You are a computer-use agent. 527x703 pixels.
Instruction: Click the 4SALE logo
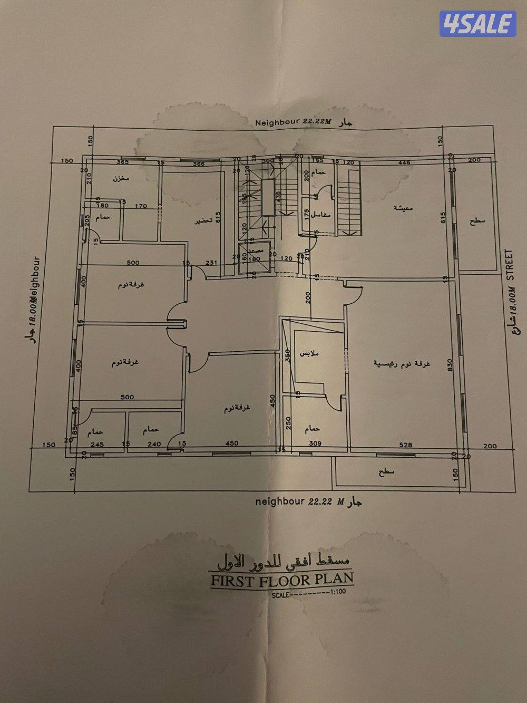[477, 24]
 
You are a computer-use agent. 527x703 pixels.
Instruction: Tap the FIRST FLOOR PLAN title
[281, 579]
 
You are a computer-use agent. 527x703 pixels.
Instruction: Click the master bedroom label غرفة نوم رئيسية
[402, 363]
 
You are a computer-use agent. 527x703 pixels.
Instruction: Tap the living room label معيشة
[404, 208]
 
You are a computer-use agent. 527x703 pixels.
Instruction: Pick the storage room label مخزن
[121, 179]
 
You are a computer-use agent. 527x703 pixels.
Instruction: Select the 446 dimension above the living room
[405, 163]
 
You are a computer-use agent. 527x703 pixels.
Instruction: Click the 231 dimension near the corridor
[211, 262]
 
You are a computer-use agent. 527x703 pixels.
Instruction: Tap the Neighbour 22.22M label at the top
[293, 122]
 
